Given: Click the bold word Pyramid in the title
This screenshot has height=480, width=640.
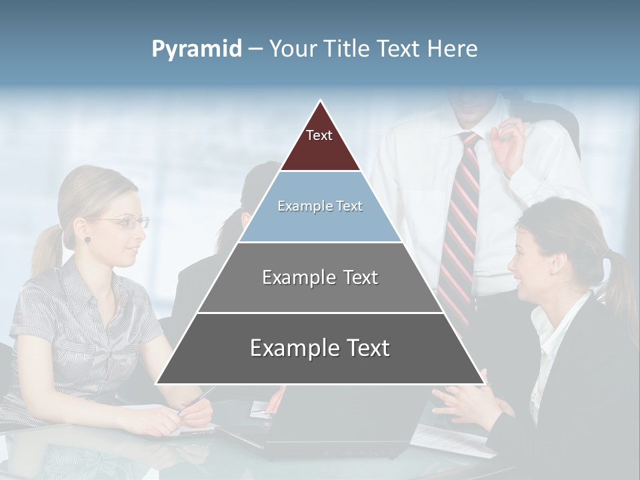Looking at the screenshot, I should (196, 49).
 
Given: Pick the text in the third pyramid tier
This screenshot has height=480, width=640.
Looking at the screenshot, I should (320, 277).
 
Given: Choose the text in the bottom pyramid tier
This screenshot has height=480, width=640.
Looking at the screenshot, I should (320, 348).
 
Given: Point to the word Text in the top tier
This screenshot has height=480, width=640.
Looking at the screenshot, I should (319, 135).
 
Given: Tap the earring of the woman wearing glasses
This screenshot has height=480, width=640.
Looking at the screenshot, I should (87, 239).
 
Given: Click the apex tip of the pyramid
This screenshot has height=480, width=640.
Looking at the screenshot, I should (321, 101).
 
